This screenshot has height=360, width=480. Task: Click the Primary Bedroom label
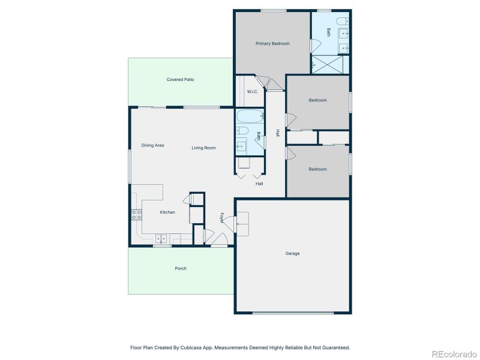(x=272, y=43)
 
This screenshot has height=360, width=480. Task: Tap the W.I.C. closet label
(x=252, y=91)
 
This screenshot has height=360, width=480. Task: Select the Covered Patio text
(x=180, y=79)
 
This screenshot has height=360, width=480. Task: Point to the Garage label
(x=292, y=253)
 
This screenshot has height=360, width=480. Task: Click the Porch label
(x=180, y=268)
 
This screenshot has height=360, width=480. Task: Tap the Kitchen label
(x=167, y=212)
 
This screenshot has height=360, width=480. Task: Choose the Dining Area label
(x=152, y=145)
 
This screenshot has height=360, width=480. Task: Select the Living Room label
(x=203, y=148)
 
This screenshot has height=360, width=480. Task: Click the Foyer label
(x=221, y=218)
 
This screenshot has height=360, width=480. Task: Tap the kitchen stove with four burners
(x=136, y=215)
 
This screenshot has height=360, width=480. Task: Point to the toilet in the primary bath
(x=343, y=22)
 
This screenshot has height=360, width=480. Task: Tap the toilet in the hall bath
(x=242, y=130)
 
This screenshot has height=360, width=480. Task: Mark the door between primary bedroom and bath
(x=311, y=45)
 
